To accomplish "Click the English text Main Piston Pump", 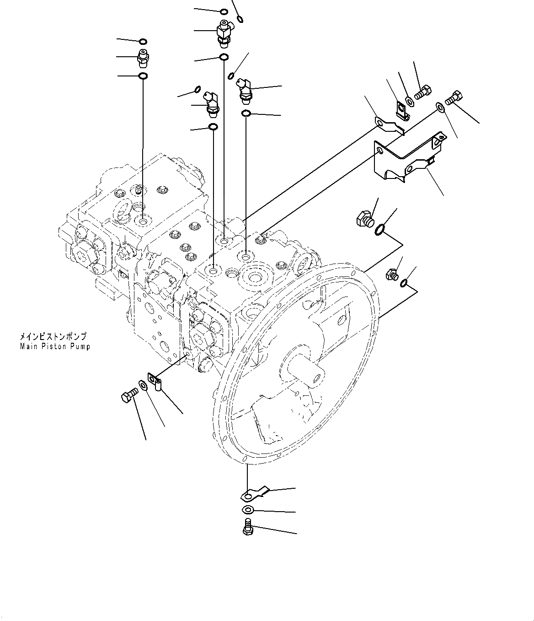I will coord(55,347).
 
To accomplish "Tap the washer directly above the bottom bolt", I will coord(247,510).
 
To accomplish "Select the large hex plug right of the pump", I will coord(364,218).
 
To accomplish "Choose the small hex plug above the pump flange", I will coord(392,274).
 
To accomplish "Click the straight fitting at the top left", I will coord(143,57).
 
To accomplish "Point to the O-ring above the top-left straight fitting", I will coord(143,42).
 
